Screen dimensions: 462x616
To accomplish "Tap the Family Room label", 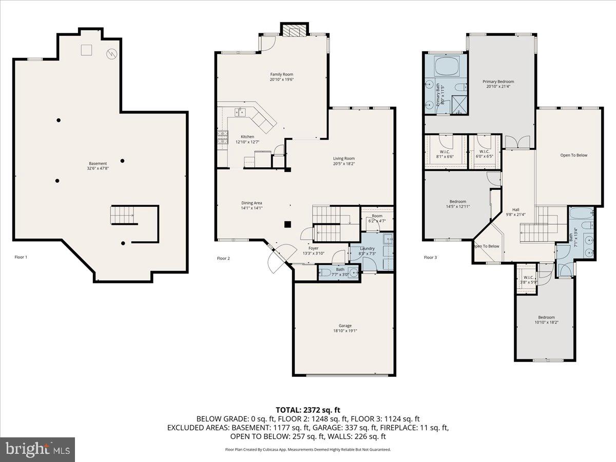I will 282,74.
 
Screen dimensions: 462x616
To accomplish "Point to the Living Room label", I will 344,159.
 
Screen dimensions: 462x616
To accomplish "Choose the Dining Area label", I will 252,203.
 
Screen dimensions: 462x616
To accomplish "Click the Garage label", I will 345,325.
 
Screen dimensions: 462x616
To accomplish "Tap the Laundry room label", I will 368,248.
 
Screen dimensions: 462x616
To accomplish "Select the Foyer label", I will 313,248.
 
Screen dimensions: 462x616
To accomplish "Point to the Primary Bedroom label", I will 498,82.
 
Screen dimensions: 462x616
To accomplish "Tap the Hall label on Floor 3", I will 516,209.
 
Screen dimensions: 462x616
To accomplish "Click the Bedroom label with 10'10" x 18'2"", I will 546,317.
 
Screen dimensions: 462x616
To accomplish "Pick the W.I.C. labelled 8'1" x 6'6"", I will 445,151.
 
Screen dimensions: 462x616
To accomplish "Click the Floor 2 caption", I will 223,258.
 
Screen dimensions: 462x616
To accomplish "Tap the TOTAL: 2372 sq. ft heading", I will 308,410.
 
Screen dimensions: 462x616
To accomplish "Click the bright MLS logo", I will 37,450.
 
